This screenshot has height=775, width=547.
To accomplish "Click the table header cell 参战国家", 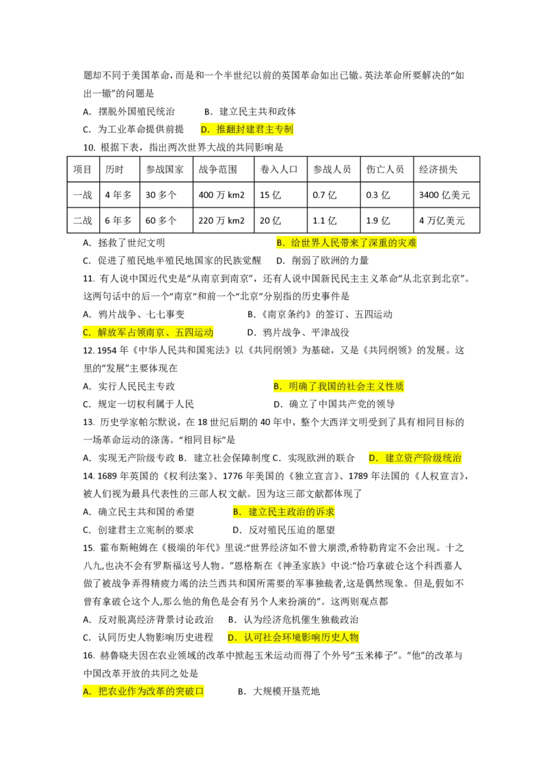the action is (166, 170).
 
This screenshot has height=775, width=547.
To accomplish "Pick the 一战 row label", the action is (83, 195).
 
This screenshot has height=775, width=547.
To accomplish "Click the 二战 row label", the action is (83, 220).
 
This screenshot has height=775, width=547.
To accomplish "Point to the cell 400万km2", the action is (223, 195).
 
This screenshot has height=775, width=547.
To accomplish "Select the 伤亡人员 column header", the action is (386, 170).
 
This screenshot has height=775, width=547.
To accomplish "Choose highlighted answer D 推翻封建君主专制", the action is (247, 129).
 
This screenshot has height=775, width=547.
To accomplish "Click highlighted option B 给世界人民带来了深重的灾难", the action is (347, 242).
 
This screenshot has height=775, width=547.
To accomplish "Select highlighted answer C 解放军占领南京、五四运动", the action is (148, 332).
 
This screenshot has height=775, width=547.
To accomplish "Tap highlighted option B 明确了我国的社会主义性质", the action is (338, 386).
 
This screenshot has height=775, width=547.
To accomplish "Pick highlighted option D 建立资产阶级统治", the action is (415, 458).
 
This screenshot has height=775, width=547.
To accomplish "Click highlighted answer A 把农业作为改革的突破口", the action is (143, 691).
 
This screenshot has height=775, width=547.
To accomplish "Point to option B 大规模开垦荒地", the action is (279, 691).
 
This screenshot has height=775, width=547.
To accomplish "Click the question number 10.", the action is (89, 148).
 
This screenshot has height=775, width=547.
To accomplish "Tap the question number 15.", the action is (89, 548).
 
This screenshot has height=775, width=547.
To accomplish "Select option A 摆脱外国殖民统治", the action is (129, 112).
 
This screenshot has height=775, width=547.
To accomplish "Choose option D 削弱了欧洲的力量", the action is (322, 260).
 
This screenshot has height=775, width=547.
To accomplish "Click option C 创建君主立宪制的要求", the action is (138, 530).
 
